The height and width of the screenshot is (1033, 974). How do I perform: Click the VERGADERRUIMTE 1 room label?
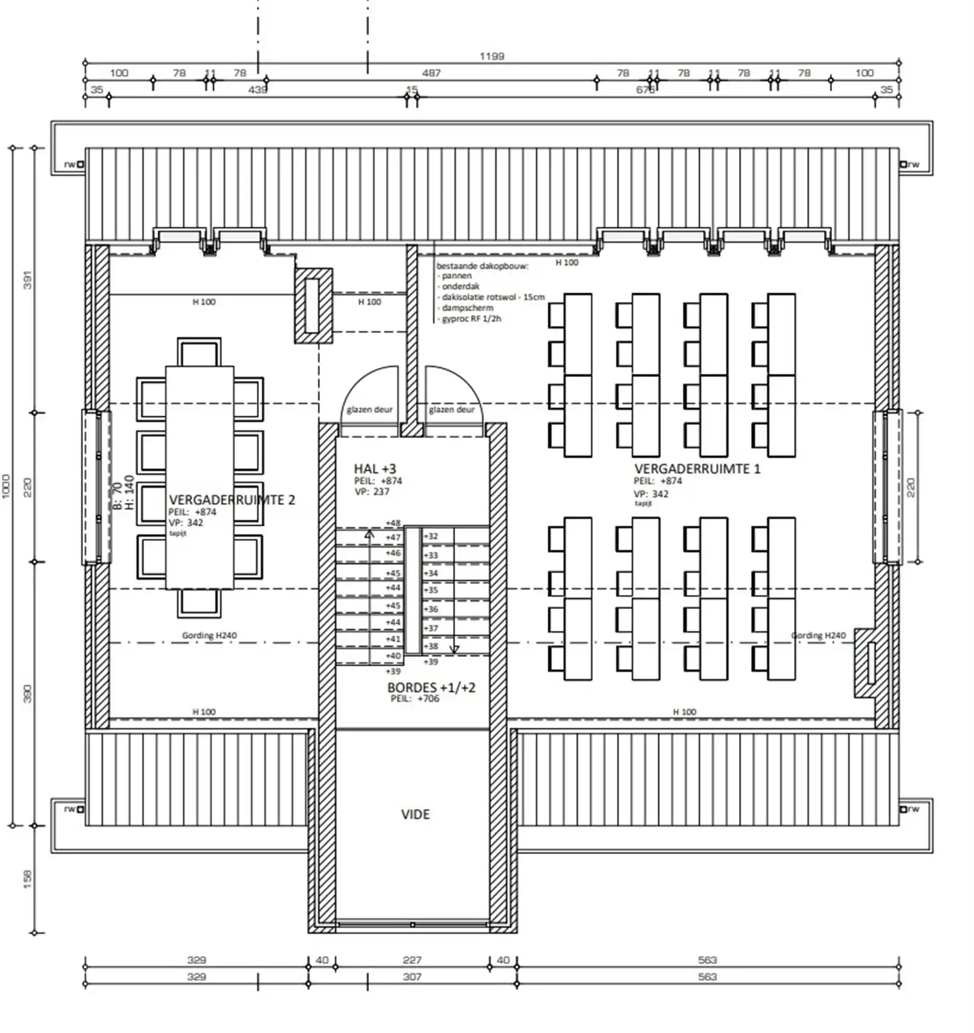[697, 469]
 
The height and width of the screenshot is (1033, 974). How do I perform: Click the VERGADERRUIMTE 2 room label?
[231, 500]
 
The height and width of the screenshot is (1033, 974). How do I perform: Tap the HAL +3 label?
[375, 469]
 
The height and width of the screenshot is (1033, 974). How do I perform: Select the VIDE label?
[415, 814]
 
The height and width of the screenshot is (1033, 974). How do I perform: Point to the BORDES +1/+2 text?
[431, 687]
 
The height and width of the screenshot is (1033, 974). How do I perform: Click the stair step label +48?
[393, 523]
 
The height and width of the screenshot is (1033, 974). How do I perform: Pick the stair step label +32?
[431, 536]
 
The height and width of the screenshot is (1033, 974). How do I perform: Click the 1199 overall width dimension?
[491, 56]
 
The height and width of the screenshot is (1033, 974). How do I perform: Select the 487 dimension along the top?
[431, 73]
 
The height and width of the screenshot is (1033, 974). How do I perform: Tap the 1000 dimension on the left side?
[6, 486]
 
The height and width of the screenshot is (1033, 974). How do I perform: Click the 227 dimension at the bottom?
[412, 960]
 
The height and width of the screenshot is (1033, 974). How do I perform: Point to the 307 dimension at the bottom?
[412, 977]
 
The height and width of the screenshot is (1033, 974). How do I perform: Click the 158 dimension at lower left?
[27, 879]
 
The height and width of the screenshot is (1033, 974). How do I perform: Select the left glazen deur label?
[369, 410]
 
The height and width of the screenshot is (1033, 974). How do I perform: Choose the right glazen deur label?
[452, 410]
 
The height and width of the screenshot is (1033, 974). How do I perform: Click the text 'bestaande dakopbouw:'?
[482, 266]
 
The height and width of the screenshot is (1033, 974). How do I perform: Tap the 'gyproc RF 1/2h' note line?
[471, 319]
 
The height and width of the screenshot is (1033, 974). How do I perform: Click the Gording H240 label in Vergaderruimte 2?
[209, 635]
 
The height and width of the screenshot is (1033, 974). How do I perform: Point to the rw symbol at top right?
[910, 164]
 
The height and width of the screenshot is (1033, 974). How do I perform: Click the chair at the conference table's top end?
[199, 353]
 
